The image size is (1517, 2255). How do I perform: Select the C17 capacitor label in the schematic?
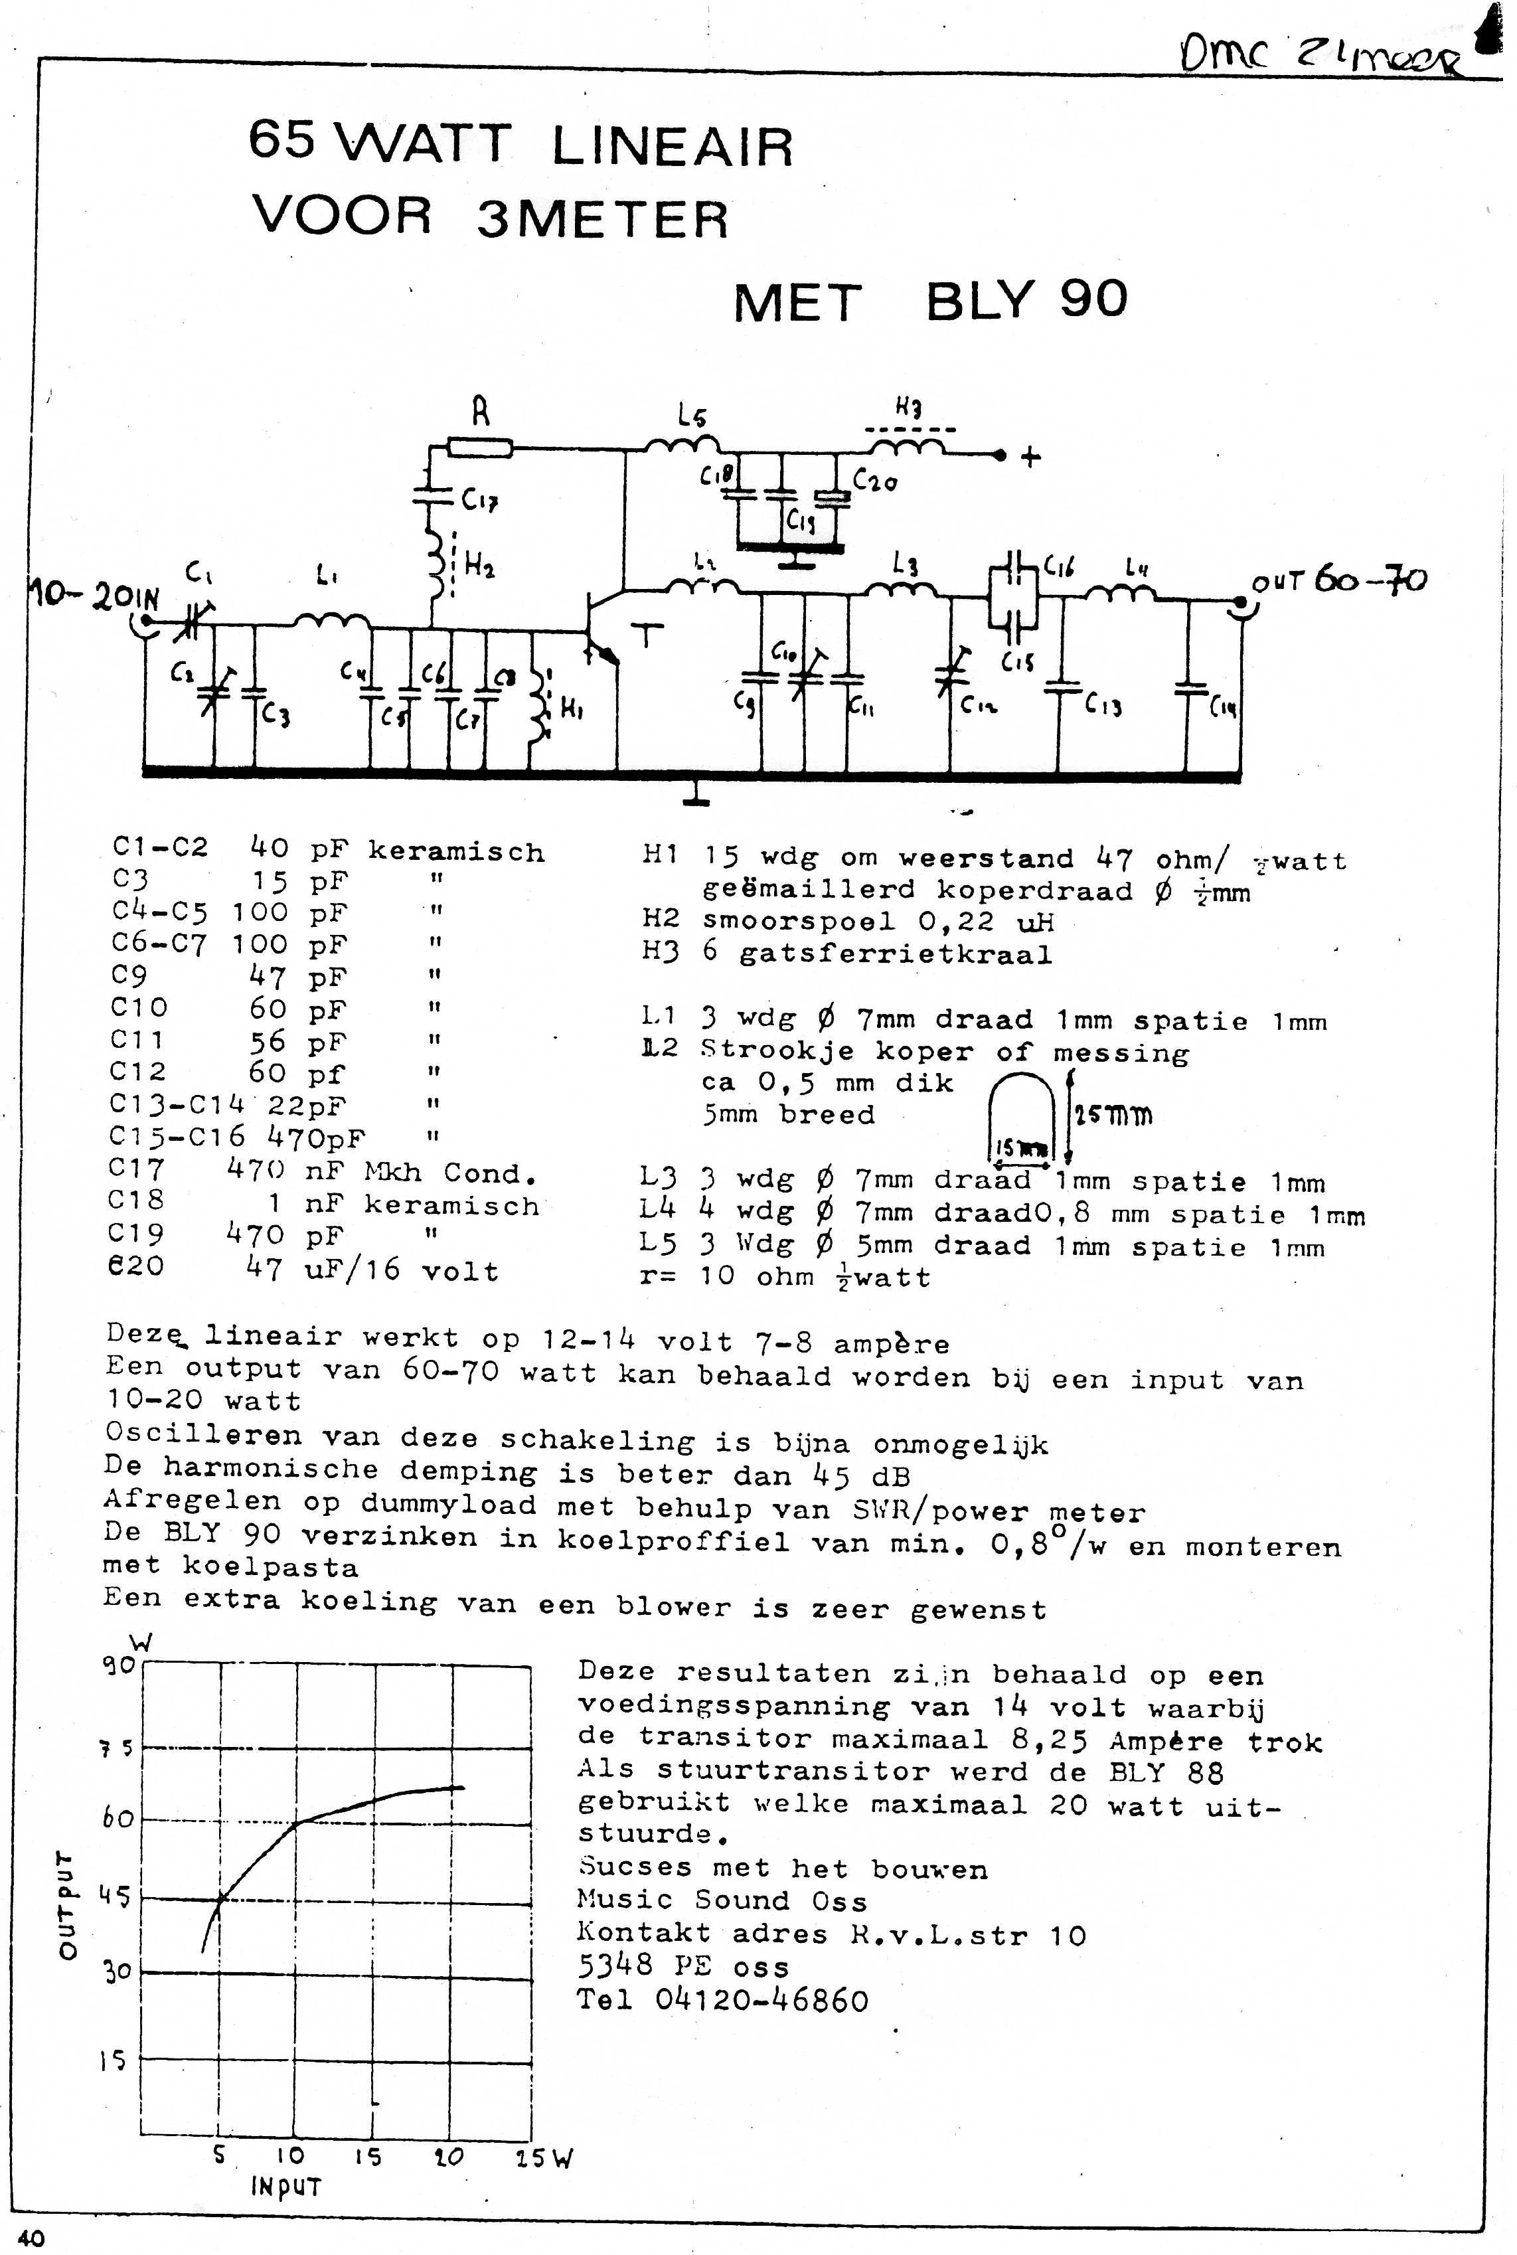click(x=479, y=500)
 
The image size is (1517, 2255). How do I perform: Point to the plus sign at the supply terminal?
click(x=1031, y=457)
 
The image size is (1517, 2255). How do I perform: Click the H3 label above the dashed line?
click(x=908, y=409)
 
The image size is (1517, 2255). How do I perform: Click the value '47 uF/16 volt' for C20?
click(x=372, y=1270)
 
